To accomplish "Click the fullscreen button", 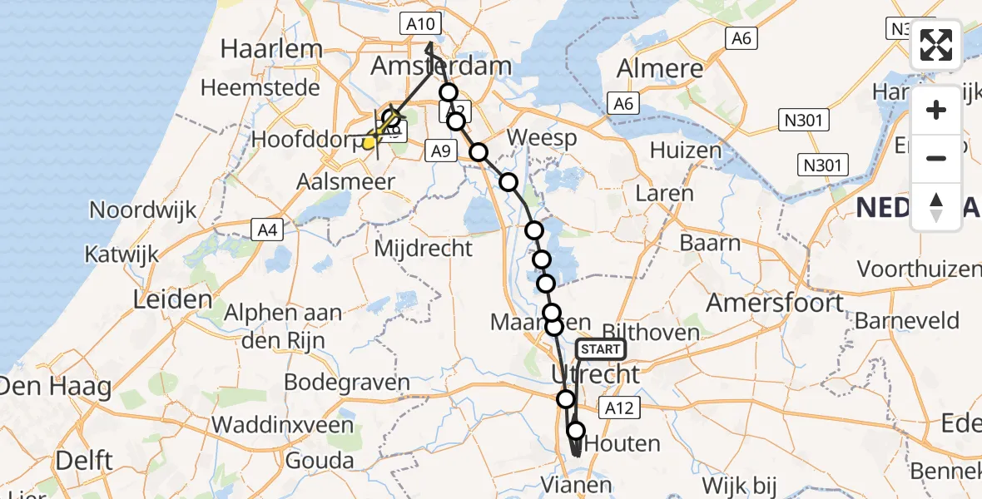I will pos(936,45).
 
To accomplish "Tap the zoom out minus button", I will pos(936,158).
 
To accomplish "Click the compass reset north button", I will pos(936,207).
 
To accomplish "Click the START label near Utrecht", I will pos(600,349).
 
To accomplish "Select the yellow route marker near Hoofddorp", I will pos(369,143).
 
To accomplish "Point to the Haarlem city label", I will pos(270,48).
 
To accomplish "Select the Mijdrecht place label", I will pos(424,247).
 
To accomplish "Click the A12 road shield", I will pos(619,408).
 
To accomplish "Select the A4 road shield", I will pos(265,229).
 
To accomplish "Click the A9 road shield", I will pos(440,151).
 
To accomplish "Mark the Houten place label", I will pos(622,444).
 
